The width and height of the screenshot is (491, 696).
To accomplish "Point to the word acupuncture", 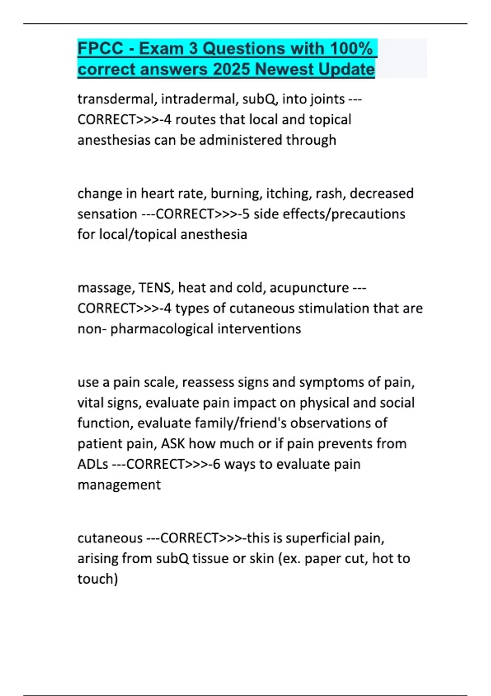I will (x=309, y=288).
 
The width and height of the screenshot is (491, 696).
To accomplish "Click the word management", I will (x=119, y=485).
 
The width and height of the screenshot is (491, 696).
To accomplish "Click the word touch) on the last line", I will (x=98, y=579).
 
